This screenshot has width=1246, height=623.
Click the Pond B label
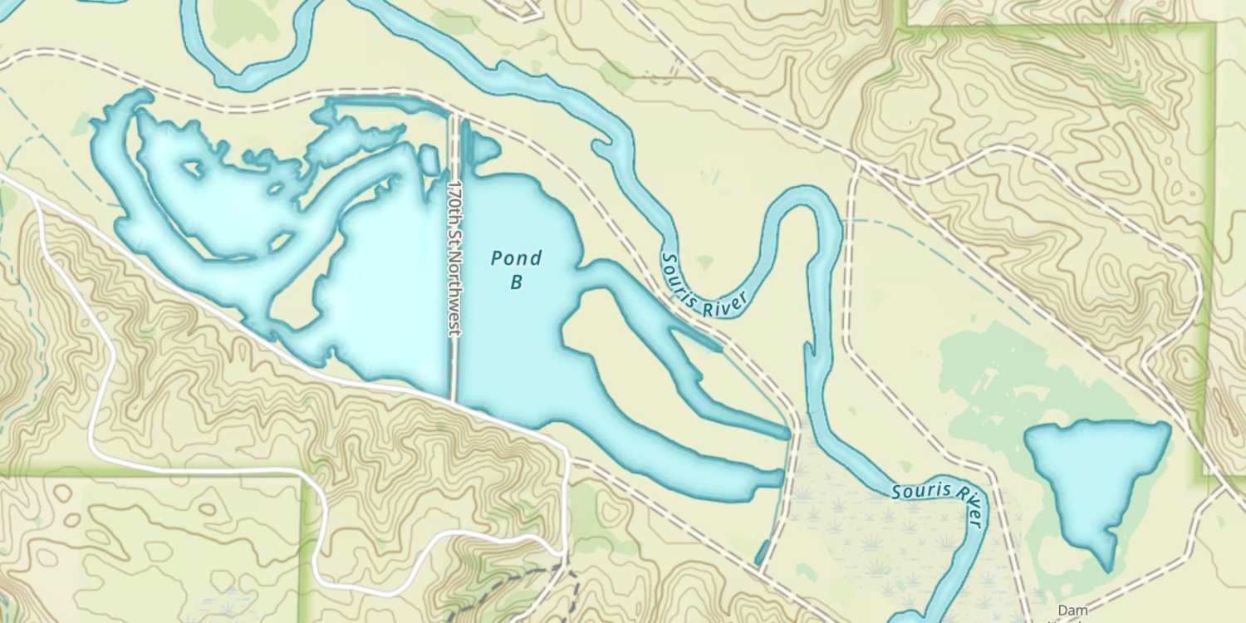click(516, 269)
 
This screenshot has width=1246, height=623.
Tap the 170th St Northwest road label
click(454, 258)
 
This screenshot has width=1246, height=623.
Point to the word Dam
click(1072, 611)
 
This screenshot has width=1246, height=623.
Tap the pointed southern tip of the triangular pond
click(1108, 567)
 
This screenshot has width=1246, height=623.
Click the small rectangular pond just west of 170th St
click(429, 159)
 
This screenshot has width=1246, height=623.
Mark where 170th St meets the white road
click(454, 401)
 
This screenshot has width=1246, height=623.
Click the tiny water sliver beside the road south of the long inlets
click(763, 552)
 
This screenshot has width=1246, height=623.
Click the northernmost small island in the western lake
click(192, 169)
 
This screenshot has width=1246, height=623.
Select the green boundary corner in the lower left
click(306, 478)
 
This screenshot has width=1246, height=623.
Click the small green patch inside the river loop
click(705, 262)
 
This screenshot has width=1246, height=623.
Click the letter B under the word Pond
click(516, 282)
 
